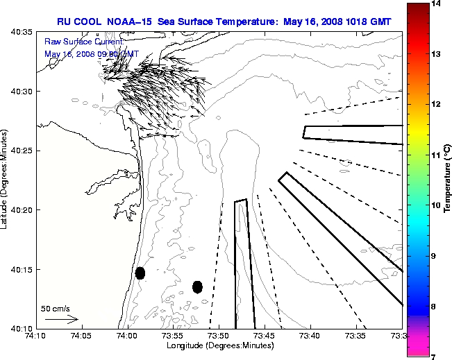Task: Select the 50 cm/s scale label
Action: pos(55,308)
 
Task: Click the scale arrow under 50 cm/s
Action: pos(61,320)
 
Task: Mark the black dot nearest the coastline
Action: pos(140,273)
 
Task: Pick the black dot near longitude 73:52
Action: pos(197,286)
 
